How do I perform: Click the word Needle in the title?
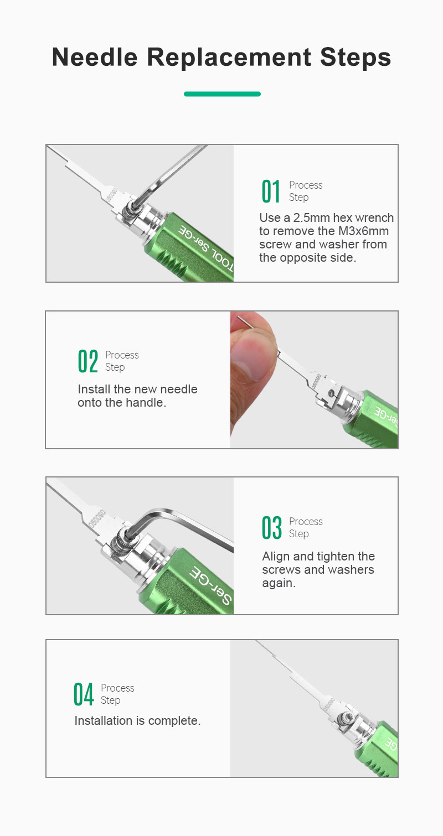[95, 57]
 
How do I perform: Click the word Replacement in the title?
[229, 57]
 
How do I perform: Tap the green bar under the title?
[222, 94]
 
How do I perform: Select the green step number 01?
[271, 191]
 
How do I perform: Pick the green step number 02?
[88, 361]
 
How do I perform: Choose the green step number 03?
[271, 527]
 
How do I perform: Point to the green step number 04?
[83, 694]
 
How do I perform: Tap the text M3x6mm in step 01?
[363, 231]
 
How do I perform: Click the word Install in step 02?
[94, 390]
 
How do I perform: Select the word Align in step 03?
[276, 557]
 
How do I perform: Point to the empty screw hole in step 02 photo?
[331, 393]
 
